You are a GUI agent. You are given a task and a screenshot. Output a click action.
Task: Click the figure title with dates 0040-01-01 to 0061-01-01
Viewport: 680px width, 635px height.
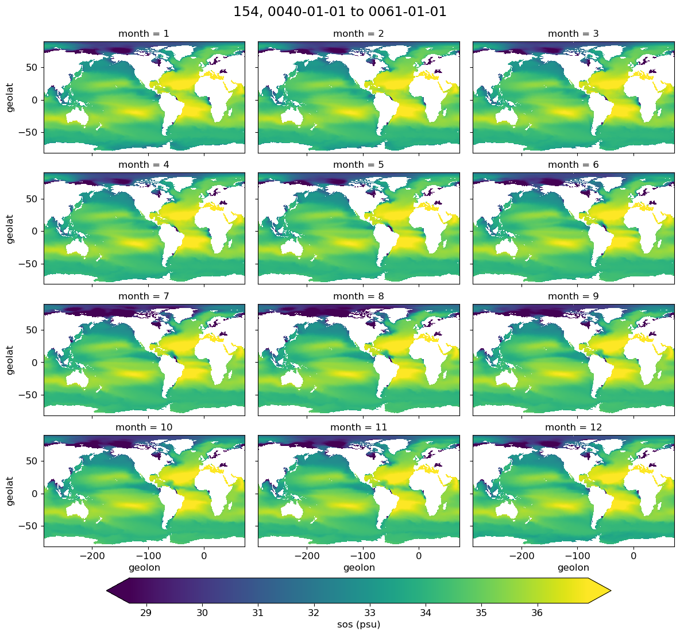339,11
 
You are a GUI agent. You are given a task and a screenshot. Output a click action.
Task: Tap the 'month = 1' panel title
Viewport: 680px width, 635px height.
144,34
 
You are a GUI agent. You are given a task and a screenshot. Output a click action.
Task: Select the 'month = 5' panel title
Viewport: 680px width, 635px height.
358,165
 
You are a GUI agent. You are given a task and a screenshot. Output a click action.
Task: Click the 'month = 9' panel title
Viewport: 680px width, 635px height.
573,297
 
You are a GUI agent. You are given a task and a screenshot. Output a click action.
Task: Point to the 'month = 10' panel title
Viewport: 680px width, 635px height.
144,428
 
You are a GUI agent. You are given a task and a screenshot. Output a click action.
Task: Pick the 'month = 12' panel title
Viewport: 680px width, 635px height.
573,428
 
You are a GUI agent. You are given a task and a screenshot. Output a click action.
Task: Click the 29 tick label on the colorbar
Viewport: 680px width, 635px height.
146,613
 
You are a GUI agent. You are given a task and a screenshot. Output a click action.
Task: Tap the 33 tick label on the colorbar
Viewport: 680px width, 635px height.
369,613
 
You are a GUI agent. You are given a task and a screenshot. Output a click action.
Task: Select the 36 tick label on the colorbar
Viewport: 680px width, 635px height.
537,613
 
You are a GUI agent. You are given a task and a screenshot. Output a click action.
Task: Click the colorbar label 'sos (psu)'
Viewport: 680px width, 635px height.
358,625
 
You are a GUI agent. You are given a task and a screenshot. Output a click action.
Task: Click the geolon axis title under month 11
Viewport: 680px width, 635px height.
359,568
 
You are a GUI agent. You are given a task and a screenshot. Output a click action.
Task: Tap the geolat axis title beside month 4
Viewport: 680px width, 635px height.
10,229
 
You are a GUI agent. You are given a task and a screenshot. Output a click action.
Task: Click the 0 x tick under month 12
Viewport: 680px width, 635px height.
633,556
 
